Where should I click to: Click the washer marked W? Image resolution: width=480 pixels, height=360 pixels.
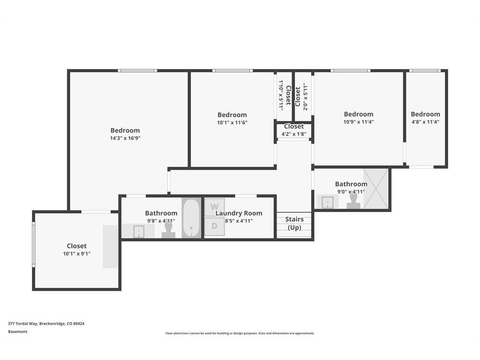click(x=215, y=207)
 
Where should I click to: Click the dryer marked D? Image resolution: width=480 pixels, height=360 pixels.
click(x=215, y=226)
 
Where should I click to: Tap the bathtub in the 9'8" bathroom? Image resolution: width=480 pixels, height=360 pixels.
click(x=191, y=218)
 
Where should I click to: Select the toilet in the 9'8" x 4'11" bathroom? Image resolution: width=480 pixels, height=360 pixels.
click(x=168, y=230)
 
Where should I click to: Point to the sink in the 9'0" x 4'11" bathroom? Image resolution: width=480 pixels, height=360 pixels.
click(x=328, y=202)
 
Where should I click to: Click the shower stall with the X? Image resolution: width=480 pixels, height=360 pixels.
click(x=375, y=188)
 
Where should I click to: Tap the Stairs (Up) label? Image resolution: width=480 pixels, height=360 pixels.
click(x=294, y=224)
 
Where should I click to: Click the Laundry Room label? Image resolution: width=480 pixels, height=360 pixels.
click(x=239, y=213)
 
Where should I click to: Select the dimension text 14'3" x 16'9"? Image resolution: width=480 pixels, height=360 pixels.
click(x=125, y=138)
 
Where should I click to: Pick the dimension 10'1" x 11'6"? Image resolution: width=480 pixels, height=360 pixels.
click(x=232, y=123)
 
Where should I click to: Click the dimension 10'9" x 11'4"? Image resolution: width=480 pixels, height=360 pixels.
click(x=359, y=122)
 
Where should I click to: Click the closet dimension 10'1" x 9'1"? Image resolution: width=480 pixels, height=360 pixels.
click(x=76, y=254)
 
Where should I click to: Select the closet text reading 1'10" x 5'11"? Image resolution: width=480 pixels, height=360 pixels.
click(x=280, y=95)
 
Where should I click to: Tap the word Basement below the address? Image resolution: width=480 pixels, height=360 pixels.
click(x=18, y=331)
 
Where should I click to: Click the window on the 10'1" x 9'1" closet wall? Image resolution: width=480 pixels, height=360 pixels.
click(x=34, y=244)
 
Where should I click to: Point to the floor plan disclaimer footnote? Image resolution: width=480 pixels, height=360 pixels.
click(x=240, y=333)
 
